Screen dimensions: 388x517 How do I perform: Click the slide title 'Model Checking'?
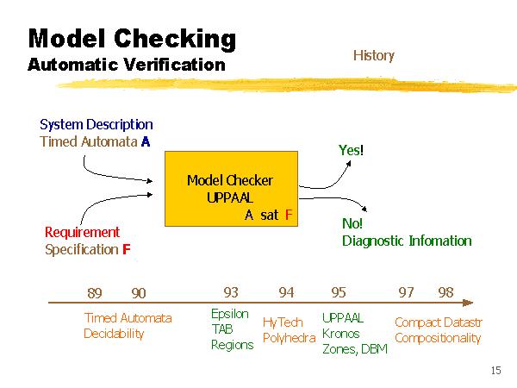point(131,38)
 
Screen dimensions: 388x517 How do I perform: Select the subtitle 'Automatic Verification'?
point(126,65)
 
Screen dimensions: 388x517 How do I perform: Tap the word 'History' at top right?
point(373,55)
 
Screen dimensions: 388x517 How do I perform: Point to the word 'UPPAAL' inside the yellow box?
point(229,197)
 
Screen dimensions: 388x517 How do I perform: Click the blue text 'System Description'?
point(97,124)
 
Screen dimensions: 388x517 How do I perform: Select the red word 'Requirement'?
point(82,232)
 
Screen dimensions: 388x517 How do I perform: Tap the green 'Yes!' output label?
point(351,150)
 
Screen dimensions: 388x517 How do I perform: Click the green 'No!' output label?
point(352,223)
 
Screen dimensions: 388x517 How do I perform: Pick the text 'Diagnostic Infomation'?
point(407,241)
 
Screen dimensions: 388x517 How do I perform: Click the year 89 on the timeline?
point(96,293)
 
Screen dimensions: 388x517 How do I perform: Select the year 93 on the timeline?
point(231,293)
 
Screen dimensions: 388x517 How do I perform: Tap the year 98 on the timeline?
point(445,292)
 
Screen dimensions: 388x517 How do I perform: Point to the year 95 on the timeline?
point(339,293)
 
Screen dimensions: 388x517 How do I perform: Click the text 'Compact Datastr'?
point(438,322)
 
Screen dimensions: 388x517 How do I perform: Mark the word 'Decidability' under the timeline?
point(114,334)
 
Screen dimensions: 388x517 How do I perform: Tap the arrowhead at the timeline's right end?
point(469,303)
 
